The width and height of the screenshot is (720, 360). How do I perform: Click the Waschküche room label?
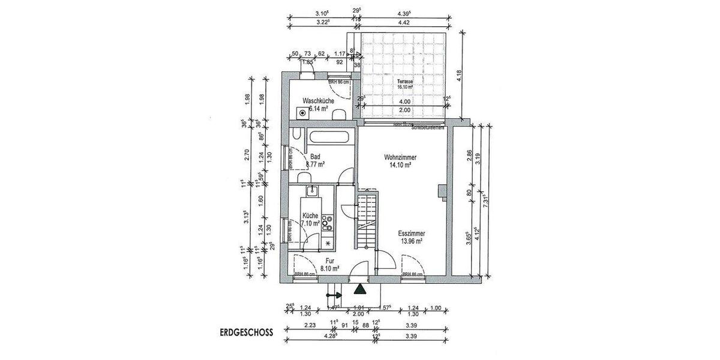pyautogui.click(x=318, y=101)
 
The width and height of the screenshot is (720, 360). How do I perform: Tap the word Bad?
pyautogui.click(x=315, y=157)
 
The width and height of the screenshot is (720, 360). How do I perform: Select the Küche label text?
pyautogui.click(x=310, y=216)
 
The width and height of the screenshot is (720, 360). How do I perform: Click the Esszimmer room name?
pyautogui.click(x=412, y=234)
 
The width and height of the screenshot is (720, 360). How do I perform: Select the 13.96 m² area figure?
pyautogui.click(x=412, y=241)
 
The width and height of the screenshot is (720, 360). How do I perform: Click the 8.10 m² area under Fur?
pyautogui.click(x=331, y=269)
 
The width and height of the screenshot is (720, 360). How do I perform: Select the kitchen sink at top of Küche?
pyautogui.click(x=311, y=191)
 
